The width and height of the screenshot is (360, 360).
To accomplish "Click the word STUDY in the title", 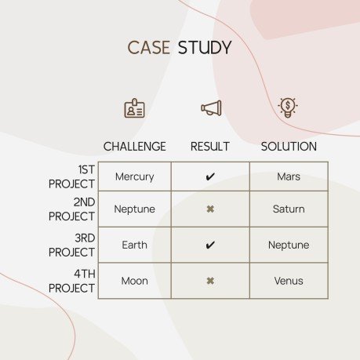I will [x=205, y=48].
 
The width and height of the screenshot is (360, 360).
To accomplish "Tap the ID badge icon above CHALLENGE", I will [x=134, y=108].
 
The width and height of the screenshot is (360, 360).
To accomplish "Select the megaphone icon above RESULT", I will [x=210, y=108].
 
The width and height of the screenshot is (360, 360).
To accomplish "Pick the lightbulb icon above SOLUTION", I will [x=289, y=107].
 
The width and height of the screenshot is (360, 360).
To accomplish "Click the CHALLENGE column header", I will [x=135, y=147].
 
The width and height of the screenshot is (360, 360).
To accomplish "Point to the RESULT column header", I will [x=210, y=147].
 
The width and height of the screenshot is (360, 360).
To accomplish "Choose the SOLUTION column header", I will [x=289, y=147].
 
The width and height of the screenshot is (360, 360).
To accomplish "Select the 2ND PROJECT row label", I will [x=72, y=209].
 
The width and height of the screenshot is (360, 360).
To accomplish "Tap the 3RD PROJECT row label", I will [x=72, y=245].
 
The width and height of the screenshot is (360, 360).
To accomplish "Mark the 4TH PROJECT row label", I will [x=72, y=281].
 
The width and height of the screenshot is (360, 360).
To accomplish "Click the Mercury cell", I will [x=135, y=176].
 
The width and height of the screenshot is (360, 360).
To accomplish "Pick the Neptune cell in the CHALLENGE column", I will [x=135, y=209].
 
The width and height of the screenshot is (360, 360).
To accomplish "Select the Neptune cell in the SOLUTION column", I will [x=289, y=245].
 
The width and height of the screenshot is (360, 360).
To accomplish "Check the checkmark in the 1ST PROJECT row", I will [x=210, y=177].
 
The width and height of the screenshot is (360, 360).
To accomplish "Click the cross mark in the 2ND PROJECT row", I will [x=210, y=209].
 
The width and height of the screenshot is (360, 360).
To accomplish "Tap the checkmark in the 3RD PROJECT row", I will [x=210, y=245].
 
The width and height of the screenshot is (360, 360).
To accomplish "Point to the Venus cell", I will [x=289, y=281].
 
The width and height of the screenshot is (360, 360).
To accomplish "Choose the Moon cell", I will [x=135, y=281].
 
